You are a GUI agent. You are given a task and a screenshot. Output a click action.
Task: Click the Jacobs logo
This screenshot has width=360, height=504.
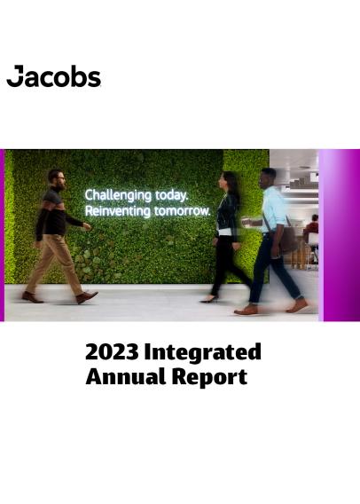coord(54,77)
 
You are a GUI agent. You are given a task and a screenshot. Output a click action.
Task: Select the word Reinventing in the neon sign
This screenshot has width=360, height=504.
coord(117,211)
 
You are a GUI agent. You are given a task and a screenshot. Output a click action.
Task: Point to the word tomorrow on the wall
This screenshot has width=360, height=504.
coord(181,211)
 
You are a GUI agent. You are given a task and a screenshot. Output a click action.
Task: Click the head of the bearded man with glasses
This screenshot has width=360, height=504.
coord(56,177)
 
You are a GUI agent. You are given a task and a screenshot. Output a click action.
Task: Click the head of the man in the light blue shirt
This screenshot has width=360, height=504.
coord(270,178)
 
